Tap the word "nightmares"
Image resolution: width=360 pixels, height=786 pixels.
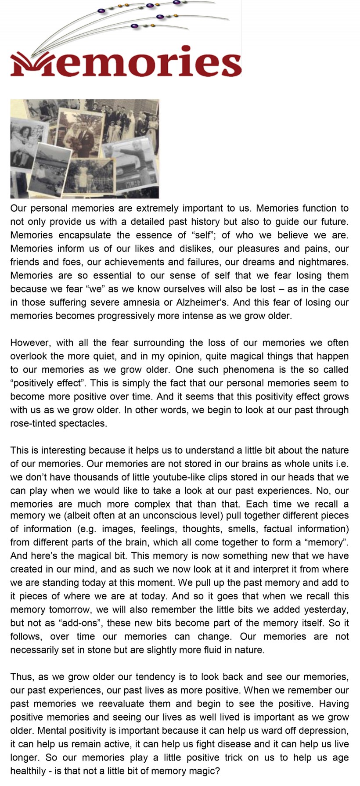[323, 262]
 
